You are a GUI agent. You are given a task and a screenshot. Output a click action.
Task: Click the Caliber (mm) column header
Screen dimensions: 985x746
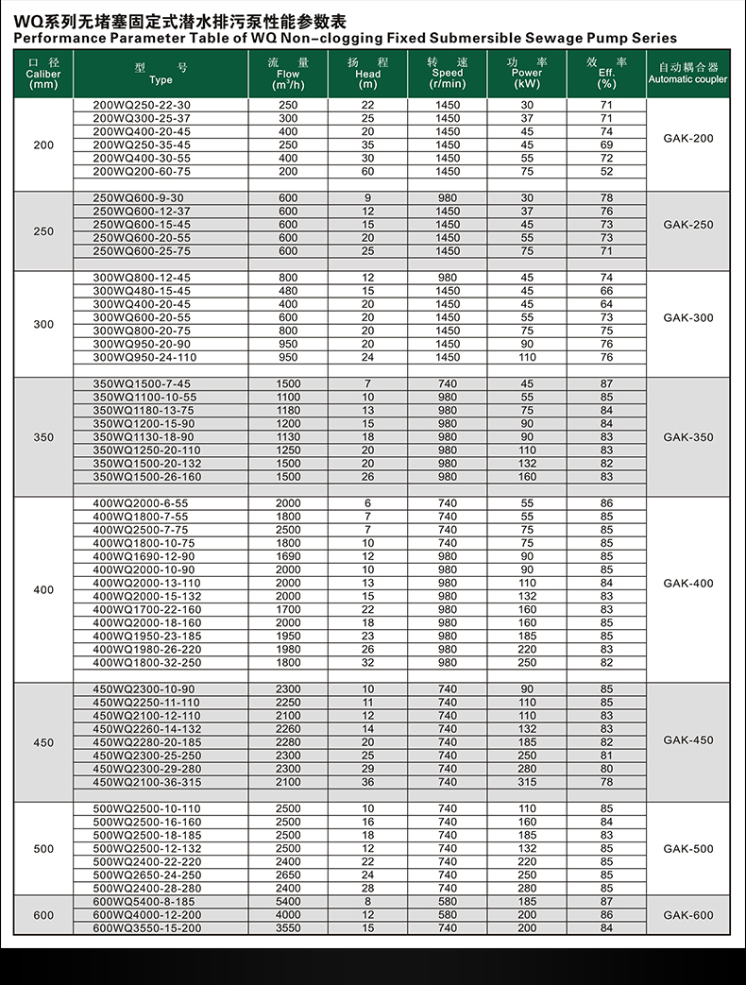pos(43,74)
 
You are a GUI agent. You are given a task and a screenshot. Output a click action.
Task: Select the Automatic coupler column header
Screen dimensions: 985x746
pos(687,74)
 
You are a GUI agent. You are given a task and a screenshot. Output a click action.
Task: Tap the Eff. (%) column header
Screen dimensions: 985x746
pos(606,73)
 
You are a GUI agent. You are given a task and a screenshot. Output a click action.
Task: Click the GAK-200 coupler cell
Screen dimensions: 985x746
pos(688,138)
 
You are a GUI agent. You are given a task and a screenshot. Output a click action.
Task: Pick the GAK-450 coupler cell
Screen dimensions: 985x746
pos(688,740)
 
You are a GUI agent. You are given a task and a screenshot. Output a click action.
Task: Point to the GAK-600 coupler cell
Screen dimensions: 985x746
pos(688,915)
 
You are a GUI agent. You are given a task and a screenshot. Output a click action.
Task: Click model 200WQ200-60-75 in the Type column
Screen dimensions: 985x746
pos(142,172)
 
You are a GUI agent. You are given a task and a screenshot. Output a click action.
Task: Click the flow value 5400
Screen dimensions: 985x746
pos(288,902)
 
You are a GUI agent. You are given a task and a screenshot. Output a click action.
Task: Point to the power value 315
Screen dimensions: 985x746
pos(527,782)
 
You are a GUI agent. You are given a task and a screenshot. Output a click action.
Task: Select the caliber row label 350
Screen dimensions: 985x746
pos(43,437)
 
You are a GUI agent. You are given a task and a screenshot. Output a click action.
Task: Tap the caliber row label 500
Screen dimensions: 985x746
pos(43,849)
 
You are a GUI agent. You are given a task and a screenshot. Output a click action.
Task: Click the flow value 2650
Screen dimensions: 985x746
pos(288,875)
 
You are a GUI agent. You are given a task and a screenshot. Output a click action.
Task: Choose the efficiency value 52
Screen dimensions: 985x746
pos(606,172)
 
